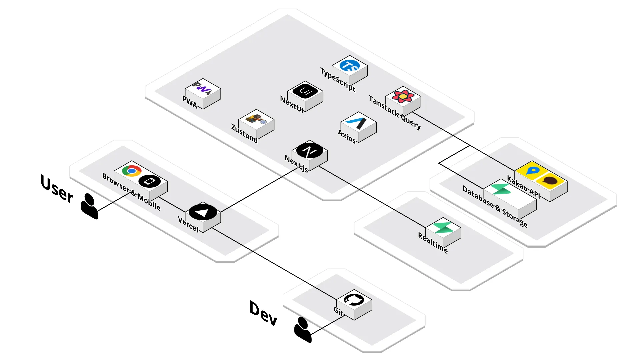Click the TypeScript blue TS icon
click(x=350, y=66)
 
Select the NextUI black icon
click(x=305, y=91)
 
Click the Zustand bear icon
click(x=256, y=119)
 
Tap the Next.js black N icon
click(x=309, y=151)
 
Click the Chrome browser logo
click(x=132, y=171)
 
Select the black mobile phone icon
click(x=150, y=181)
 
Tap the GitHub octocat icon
click(x=354, y=300)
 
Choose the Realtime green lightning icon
click(x=443, y=228)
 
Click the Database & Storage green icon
click(x=501, y=189)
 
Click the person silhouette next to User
click(x=89, y=206)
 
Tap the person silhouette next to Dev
click(x=303, y=330)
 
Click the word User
click(x=57, y=189)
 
